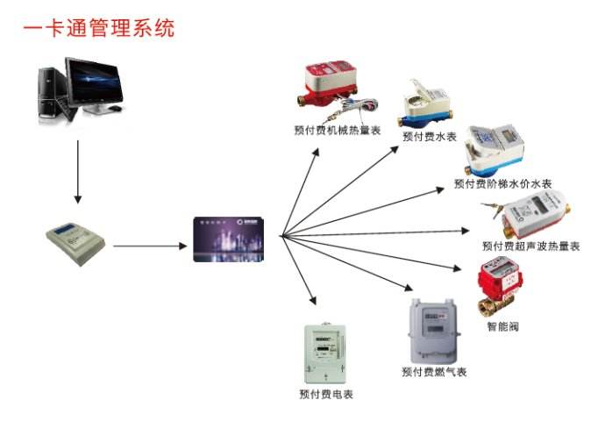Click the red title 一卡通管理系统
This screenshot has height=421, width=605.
pos(98,28)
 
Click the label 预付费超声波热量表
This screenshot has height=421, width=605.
pos(530,246)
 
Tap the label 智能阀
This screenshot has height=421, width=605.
pos(502,327)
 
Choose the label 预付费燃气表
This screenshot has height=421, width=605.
pos(435,372)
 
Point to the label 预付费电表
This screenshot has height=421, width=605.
pos(325,394)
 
